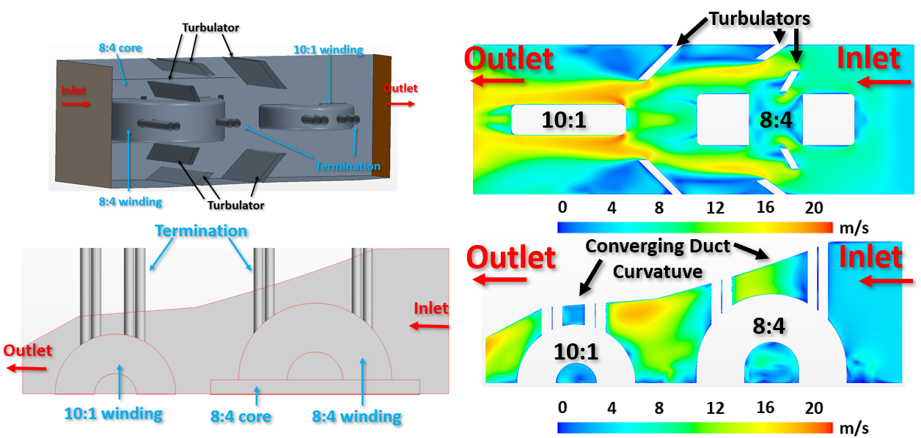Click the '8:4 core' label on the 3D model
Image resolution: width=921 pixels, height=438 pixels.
tap(120, 48)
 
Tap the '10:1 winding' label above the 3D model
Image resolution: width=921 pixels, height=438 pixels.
tap(328, 50)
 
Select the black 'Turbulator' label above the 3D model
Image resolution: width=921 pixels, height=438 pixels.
tap(210, 28)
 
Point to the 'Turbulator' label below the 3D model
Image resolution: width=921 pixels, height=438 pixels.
tap(235, 205)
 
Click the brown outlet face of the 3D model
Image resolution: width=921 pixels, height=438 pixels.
tap(382, 116)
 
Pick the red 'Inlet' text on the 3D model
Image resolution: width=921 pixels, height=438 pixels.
tap(73, 90)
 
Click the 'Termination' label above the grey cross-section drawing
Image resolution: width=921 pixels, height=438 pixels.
tap(201, 230)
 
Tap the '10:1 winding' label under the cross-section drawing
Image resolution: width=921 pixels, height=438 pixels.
tap(114, 414)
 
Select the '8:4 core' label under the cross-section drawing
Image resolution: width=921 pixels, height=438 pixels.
tap(241, 417)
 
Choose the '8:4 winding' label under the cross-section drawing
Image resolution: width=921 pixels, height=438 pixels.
tap(356, 417)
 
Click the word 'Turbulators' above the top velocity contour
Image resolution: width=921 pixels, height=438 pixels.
tap(760, 18)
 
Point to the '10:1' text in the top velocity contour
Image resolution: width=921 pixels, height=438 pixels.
tap(564, 120)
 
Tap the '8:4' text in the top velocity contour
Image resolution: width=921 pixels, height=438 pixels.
tap(776, 120)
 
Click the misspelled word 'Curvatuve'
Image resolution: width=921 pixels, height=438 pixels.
tap(658, 272)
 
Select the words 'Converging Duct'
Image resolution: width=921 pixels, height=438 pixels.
tap(658, 247)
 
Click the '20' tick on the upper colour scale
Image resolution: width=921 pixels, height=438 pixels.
tap(814, 208)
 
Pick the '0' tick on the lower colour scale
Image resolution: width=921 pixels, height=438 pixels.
tap(562, 408)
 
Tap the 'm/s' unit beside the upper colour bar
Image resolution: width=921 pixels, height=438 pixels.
tap(854, 228)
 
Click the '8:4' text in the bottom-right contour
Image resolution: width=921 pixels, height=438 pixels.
tap(768, 326)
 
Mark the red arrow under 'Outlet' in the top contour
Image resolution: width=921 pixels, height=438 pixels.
tap(497, 80)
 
